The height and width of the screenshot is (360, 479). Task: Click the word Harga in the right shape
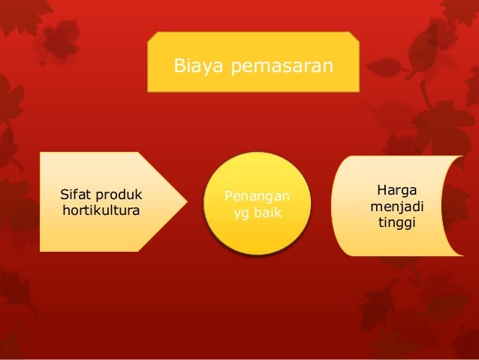(x=398, y=189)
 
